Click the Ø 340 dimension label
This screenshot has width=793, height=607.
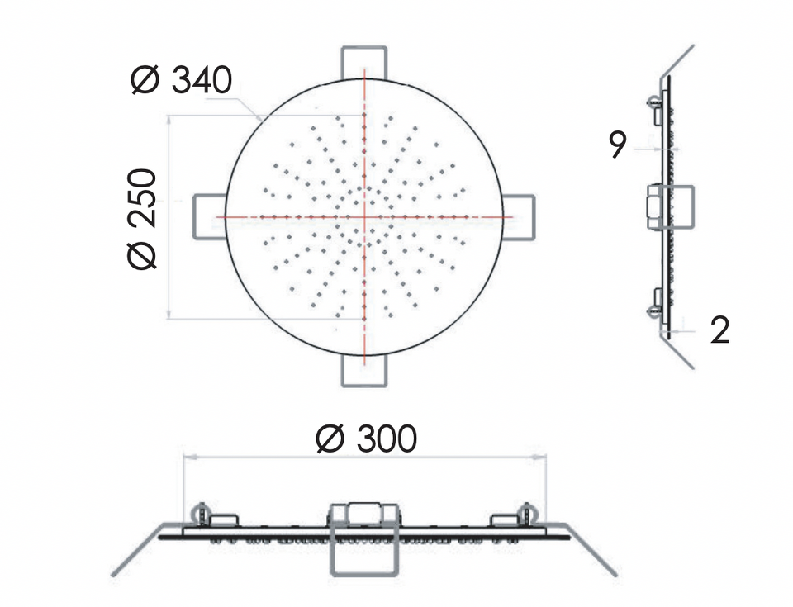(181, 80)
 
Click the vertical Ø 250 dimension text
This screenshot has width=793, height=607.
(142, 219)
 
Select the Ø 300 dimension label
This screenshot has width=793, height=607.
(366, 439)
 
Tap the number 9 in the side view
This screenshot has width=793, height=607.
(618, 145)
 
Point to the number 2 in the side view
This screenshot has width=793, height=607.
(720, 330)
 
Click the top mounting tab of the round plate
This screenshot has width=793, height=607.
(364, 63)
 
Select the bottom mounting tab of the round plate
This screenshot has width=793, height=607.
(364, 372)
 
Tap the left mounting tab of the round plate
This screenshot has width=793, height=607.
(210, 217)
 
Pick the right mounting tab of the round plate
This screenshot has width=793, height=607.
(519, 217)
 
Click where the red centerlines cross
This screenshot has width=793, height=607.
(364, 217)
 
